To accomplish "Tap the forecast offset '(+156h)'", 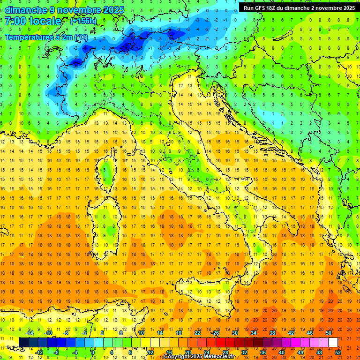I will coord(83,21).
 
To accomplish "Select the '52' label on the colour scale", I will coord(338,352).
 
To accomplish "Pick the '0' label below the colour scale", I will coord(93,352).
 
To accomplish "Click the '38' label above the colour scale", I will coord(272,333).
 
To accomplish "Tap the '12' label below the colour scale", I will coord(150,352).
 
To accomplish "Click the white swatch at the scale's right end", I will coord(333,342).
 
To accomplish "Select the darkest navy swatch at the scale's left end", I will coord(23,342).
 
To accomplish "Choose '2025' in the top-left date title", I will coord(112,10).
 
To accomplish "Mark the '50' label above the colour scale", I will coord(328,333).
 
